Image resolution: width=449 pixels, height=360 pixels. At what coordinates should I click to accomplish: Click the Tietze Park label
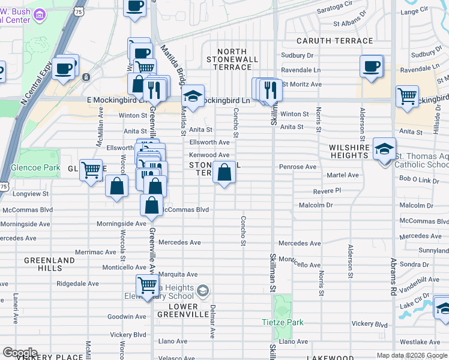click(282, 322)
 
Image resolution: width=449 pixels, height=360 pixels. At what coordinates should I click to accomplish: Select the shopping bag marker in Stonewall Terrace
click(224, 173)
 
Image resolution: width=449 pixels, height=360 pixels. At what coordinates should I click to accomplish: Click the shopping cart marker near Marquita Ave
click(147, 286)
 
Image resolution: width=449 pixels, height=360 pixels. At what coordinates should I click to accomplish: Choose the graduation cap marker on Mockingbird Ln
click(193, 96)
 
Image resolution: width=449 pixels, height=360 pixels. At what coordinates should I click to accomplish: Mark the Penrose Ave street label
click(297, 166)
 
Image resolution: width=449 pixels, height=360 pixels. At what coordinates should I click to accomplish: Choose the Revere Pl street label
click(327, 190)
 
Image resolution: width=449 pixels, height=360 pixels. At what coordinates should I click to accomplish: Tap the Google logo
click(19, 353)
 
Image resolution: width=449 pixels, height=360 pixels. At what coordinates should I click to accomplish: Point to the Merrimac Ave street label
click(95, 252)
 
